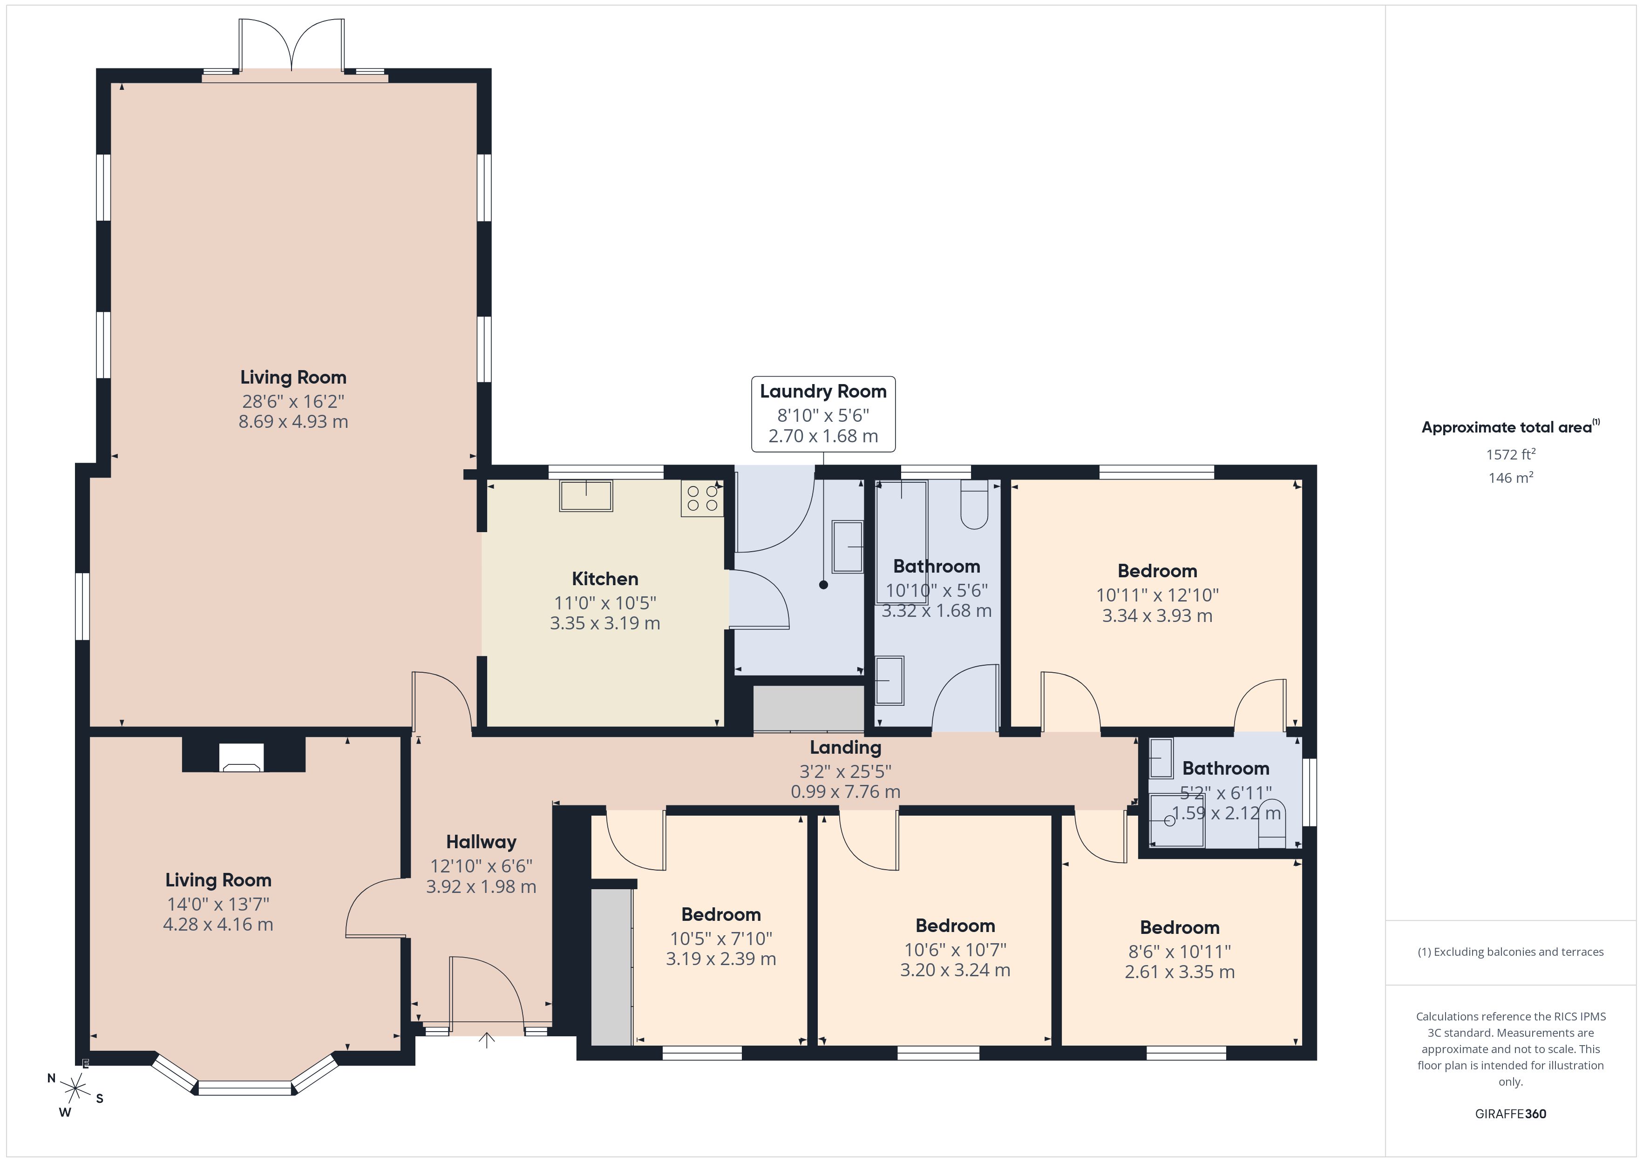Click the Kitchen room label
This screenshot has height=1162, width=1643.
pos(604,579)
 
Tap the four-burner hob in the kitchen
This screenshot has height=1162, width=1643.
pos(702,498)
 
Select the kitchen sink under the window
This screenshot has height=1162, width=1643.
pos(586,495)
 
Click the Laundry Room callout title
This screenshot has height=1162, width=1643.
pos(823,392)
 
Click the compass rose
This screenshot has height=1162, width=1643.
pos(75,1089)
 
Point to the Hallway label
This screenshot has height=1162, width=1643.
pos(481,842)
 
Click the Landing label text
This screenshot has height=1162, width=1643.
pos(845,748)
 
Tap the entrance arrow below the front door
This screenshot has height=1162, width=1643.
pos(487,1040)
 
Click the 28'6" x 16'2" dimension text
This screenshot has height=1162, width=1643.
pos(293,401)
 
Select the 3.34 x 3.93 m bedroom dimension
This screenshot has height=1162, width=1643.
pos(1157,615)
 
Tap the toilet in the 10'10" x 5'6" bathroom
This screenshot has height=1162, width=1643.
pos(974,505)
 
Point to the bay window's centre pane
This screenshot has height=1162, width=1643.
pos(245,1088)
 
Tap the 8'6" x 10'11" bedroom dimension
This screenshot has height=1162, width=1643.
pos(1179,951)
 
